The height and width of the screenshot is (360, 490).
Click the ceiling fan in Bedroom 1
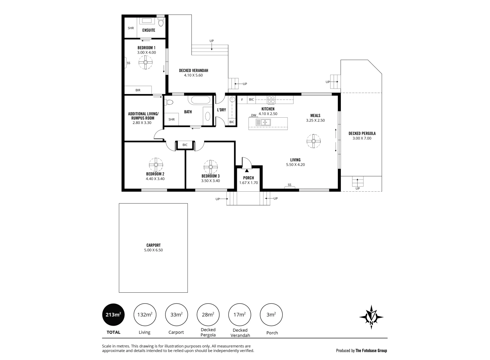coord(145,62)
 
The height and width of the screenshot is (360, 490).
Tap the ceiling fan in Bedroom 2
coord(156,164)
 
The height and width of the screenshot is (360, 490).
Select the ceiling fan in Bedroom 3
coord(210,167)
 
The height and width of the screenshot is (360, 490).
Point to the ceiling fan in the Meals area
coord(314,141)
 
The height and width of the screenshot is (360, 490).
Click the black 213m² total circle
coord(113,315)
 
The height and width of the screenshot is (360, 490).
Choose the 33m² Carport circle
coord(176,314)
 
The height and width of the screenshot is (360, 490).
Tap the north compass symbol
coord(371,317)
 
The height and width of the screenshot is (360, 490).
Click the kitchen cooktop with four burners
coord(271,99)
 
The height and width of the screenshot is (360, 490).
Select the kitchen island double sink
coord(263,122)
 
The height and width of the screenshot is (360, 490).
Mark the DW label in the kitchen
coord(254,115)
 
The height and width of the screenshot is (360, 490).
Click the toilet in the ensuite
coord(161,22)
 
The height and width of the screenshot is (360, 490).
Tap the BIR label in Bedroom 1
coord(138,90)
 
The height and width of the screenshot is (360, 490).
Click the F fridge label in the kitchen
coord(242,99)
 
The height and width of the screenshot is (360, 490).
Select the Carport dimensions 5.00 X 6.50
coord(153,250)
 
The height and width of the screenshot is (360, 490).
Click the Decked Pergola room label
coord(362,133)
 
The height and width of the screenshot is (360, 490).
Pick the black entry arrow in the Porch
coord(247,171)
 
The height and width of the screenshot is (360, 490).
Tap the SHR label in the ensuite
coord(131,28)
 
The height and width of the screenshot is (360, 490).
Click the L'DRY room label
coord(221,110)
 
